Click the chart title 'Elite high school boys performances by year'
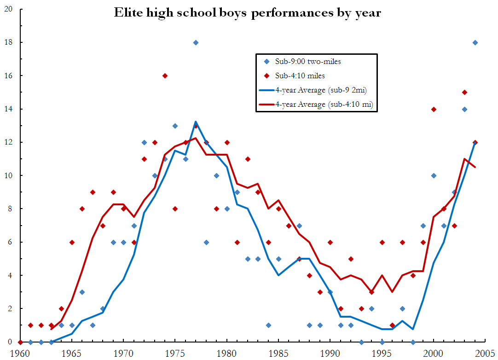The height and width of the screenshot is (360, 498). (x=248, y=12)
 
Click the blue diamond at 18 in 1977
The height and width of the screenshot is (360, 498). (x=196, y=42)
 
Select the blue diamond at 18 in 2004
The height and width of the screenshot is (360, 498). (x=475, y=42)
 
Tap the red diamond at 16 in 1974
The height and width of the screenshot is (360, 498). (x=165, y=75)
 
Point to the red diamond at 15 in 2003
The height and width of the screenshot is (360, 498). (x=464, y=92)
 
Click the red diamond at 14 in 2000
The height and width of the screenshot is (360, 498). (x=434, y=109)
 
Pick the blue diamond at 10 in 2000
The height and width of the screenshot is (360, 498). (x=434, y=175)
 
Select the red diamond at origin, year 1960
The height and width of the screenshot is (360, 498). (x=20, y=342)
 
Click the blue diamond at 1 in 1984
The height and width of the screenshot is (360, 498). (x=268, y=325)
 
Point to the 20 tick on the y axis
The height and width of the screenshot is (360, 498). (x=8, y=9)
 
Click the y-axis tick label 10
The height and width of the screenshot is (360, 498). (x=8, y=175)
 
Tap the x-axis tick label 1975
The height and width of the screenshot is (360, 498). (x=175, y=353)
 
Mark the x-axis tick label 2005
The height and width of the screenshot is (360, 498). (x=485, y=353)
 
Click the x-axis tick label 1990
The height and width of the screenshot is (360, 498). (x=330, y=353)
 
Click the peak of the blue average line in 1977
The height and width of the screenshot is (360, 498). (x=196, y=122)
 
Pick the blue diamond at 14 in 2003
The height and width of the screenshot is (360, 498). (x=464, y=109)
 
